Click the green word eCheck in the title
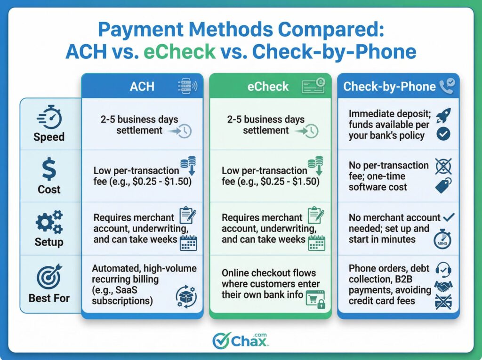[x=180, y=51]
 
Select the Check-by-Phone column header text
[x=389, y=87]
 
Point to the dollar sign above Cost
[x=49, y=170]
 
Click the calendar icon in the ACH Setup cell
[x=189, y=243]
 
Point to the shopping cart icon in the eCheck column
[x=314, y=299]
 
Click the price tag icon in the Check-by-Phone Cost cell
[x=443, y=185]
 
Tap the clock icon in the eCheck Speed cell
[x=311, y=131]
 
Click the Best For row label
[x=49, y=298]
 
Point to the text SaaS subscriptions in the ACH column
[x=122, y=296]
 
